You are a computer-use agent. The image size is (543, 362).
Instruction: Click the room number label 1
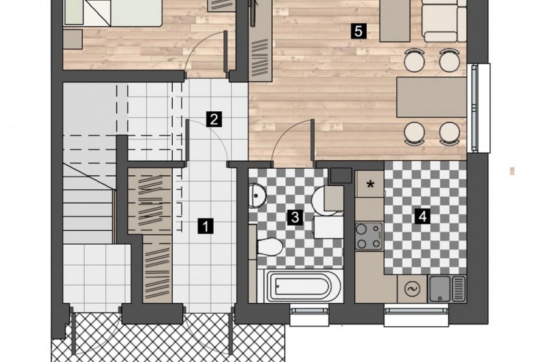point(206,227)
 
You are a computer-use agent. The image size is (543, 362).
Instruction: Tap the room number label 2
point(214,120)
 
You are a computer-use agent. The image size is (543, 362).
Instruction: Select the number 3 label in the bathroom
point(295,217)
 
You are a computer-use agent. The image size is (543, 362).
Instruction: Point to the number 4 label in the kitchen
point(422,217)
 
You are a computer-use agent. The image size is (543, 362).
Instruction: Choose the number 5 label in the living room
point(358,31)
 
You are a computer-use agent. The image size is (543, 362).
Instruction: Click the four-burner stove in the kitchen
point(368,236)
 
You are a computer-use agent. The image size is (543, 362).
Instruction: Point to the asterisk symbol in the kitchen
point(370,185)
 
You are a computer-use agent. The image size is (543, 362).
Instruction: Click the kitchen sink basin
point(439,289)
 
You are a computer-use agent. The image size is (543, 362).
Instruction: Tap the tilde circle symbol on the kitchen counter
point(412,289)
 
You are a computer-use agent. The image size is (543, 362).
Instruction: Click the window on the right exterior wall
point(479,108)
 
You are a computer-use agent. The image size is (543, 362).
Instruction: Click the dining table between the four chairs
point(431,97)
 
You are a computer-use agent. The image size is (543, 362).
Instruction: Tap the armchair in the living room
point(443,21)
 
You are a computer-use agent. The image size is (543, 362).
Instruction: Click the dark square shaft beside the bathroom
point(341,175)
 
